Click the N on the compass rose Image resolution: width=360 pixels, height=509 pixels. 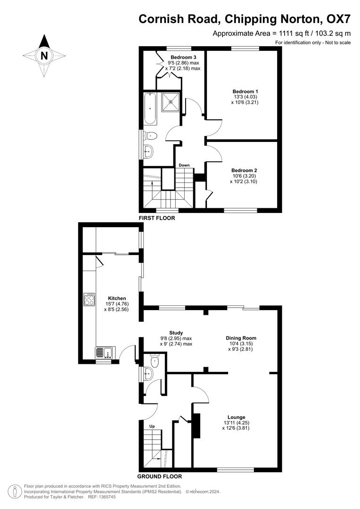click(x=44, y=56)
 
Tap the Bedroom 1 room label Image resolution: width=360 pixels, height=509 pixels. click(x=245, y=91)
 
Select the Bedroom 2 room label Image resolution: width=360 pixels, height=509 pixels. click(x=244, y=171)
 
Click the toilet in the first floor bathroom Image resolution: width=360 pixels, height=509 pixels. click(x=151, y=136)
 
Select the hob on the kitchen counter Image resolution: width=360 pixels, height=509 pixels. click(x=89, y=299)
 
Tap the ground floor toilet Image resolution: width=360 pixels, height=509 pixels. click(x=154, y=361)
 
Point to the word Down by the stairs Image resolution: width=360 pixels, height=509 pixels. click(x=184, y=165)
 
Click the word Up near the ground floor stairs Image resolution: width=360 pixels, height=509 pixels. click(x=152, y=427)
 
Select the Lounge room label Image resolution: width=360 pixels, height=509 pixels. click(x=236, y=417)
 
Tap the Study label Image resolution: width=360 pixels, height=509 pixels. click(x=176, y=333)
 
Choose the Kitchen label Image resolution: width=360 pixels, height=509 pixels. click(x=117, y=298)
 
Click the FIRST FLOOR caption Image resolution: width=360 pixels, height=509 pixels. click(x=157, y=218)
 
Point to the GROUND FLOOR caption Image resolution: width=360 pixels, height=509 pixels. click(x=159, y=476)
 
